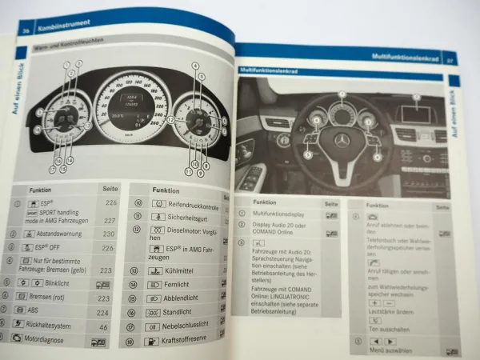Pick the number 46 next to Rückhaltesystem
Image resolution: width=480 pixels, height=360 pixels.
(x=103, y=326)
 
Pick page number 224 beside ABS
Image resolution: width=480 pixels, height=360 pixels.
(x=103, y=311)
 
